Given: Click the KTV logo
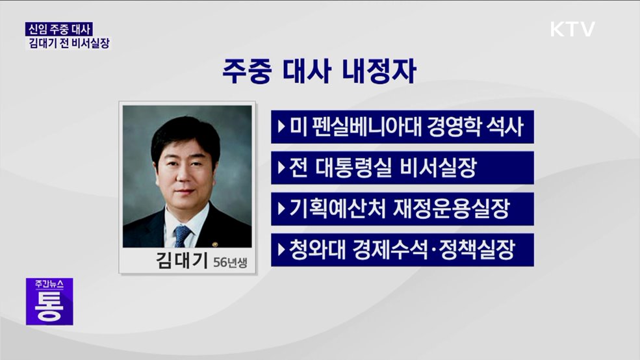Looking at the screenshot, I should point(572,29).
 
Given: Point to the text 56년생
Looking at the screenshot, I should point(230,263).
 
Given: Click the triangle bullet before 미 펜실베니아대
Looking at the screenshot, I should point(281,127).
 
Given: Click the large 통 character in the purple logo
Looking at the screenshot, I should point(50,306).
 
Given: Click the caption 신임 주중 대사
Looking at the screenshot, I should point(59,29).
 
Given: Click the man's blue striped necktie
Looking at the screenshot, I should point(182,235).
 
